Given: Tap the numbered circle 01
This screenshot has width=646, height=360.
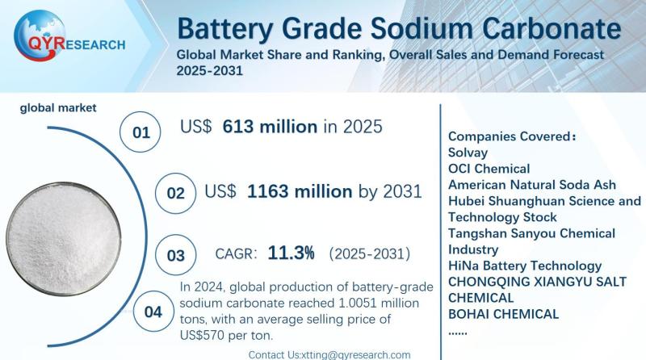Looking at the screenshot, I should pos(141,132).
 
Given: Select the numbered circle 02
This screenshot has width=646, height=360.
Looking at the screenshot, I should pos(174,194).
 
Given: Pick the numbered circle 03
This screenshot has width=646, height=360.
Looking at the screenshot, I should pos(174,256).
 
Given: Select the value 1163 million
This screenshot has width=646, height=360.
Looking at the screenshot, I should pos(299,192).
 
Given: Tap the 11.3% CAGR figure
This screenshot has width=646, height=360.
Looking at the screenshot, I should pos(291,253).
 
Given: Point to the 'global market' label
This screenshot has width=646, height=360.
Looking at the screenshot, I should pos(58,107).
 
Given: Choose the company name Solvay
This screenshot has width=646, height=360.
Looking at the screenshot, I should pos(468,152).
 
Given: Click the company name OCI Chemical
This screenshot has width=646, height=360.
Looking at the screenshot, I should pos(489,169).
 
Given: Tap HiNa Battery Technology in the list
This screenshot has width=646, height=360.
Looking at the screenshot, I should pos(524,266).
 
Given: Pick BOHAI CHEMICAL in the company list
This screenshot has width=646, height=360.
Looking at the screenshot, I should pos(503,314).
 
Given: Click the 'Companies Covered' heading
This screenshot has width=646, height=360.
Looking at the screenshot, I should pos(510,135).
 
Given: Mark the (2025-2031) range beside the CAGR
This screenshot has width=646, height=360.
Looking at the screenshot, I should pos(369,254).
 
